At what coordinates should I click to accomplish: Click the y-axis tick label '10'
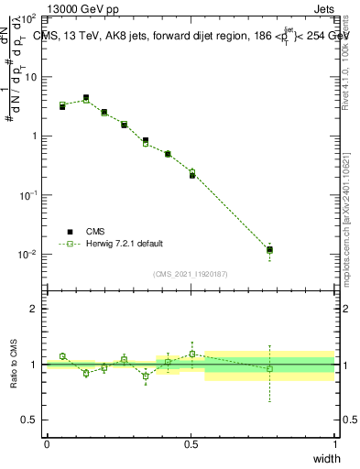[x=31, y=77]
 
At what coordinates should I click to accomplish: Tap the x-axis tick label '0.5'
[x=191, y=443]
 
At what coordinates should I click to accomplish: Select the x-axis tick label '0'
[x=47, y=443]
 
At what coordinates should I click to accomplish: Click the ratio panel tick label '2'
[x=36, y=309]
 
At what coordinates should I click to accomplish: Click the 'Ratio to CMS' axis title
[x=13, y=365]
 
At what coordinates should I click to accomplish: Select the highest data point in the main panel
[x=86, y=98]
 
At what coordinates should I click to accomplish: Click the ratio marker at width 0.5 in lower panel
[x=191, y=354]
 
